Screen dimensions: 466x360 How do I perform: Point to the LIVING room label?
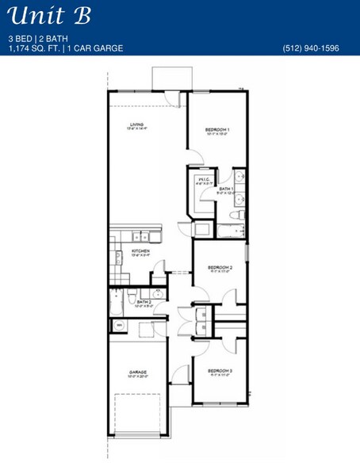136,124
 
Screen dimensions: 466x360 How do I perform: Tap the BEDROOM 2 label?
219,269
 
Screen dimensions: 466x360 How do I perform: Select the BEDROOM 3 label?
219,371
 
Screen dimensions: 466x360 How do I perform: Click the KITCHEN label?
140,252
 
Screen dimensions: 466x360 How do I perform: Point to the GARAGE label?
137,371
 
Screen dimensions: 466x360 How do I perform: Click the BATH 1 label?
226,189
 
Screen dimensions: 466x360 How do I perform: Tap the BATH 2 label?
144,302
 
